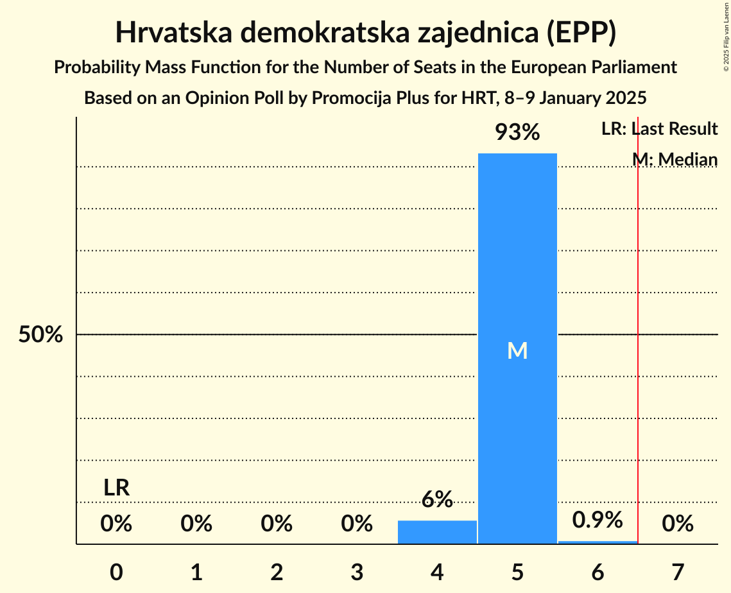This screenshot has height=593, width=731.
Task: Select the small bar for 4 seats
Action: tap(437, 532)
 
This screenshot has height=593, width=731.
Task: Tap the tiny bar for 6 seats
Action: tap(598, 542)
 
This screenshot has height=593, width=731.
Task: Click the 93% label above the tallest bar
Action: tap(517, 133)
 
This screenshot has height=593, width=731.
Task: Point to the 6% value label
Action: tap(437, 499)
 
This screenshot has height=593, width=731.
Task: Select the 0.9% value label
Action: tap(598, 520)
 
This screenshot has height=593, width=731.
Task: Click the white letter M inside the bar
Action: tap(517, 350)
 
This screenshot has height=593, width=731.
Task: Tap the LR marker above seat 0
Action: tap(117, 488)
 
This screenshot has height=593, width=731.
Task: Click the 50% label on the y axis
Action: tap(40, 335)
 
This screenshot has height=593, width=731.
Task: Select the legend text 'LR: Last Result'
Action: tap(659, 129)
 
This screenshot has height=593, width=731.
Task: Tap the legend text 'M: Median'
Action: tap(675, 159)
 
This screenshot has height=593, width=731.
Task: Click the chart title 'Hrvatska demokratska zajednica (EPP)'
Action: tap(366, 33)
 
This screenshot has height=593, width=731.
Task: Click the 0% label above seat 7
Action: tap(678, 524)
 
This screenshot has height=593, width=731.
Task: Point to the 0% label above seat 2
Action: tap(277, 524)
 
